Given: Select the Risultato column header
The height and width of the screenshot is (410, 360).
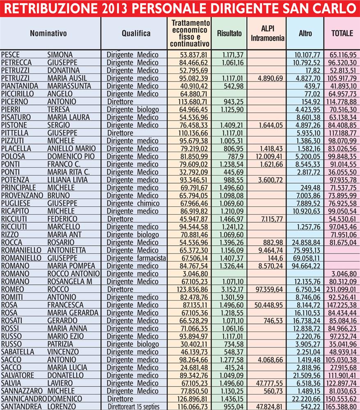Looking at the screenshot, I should point(229,34).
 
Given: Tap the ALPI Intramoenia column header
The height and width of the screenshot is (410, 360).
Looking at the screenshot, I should point(267,34).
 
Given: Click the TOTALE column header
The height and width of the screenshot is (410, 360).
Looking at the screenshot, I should point(342,34).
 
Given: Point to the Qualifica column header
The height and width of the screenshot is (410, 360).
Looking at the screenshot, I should point(136,34).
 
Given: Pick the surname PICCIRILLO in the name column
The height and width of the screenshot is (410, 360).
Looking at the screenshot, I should point(18,93).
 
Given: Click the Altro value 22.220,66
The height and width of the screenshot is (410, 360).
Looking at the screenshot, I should point(306,398).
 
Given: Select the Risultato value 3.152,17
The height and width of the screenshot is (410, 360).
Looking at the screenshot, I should point(230,289).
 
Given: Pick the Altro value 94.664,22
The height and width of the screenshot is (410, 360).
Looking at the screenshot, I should point(306,265).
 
